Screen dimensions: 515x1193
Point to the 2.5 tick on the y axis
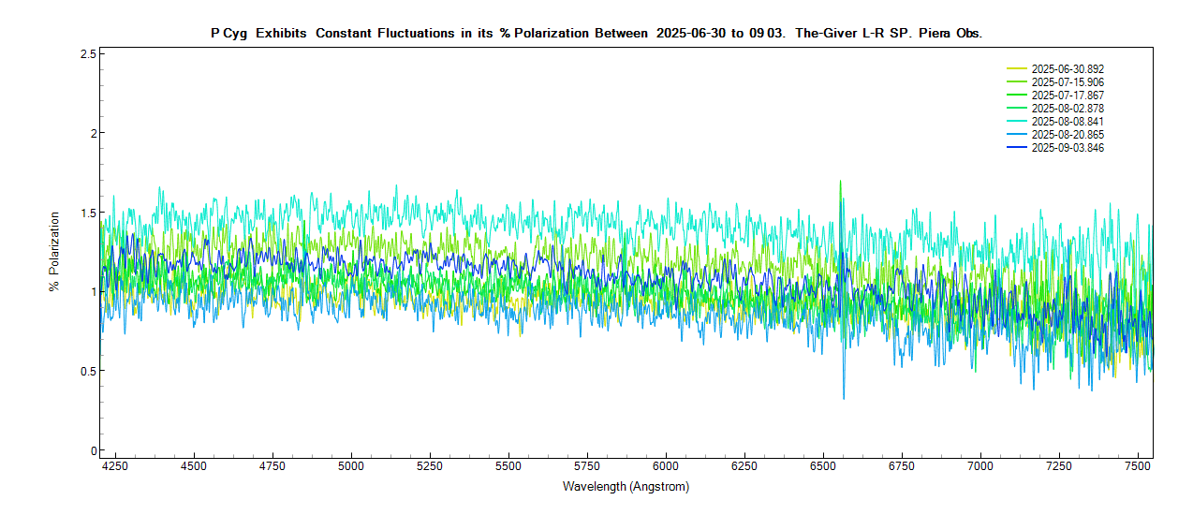click(89, 53)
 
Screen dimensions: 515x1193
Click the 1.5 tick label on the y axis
click(89, 213)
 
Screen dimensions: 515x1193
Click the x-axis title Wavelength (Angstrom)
click(626, 487)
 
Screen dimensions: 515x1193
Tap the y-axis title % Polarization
click(53, 251)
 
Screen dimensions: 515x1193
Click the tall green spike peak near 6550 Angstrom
click(840, 181)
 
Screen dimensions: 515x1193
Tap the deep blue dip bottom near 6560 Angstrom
click(844, 399)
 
